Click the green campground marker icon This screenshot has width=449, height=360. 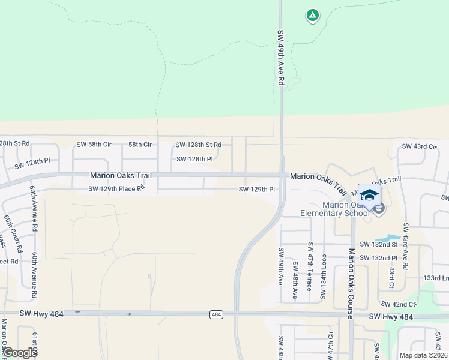pos(312,16)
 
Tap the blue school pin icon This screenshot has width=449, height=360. pos(369,196)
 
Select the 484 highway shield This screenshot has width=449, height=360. pos(217,314)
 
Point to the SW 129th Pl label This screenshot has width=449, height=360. pos(257,190)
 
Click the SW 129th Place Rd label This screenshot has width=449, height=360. pos(116,189)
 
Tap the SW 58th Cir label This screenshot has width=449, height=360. pos(94,145)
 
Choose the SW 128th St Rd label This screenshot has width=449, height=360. pos(198,145)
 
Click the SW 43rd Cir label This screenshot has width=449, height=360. pos(418,146)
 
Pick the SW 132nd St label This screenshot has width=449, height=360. pos(379,245)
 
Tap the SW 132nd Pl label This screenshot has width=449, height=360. pos(379,258)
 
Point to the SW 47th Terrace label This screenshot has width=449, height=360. pos(310,266)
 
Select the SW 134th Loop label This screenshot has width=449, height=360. pos(324,277)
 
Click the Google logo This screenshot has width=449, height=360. pos(20,353)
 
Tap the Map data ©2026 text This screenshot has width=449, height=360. pos(423,355)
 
